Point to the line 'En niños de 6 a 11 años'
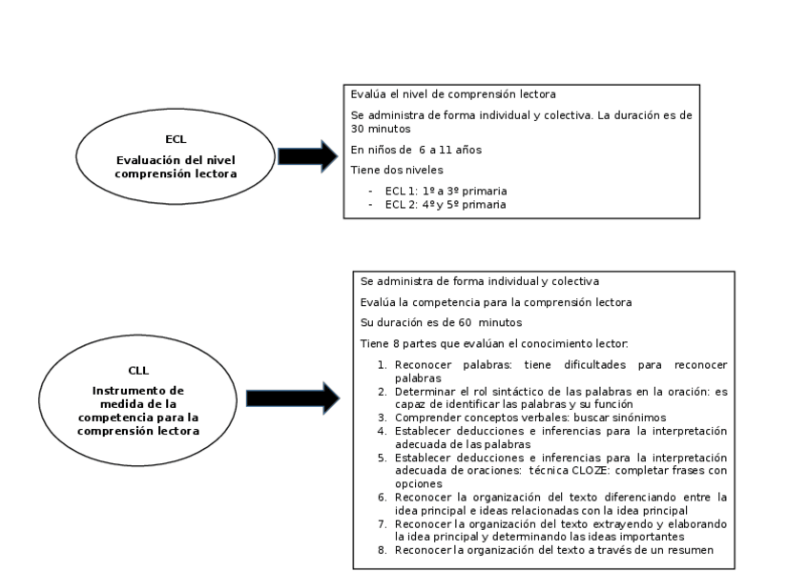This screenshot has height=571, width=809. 416,150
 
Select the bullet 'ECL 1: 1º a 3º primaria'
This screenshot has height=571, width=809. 446,191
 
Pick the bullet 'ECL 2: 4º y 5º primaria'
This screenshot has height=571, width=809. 446,204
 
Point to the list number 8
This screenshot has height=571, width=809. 381,551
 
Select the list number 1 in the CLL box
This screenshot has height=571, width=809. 381,365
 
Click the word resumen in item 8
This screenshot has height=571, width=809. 693,551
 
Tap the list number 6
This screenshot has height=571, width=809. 381,498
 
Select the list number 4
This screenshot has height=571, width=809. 381,431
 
